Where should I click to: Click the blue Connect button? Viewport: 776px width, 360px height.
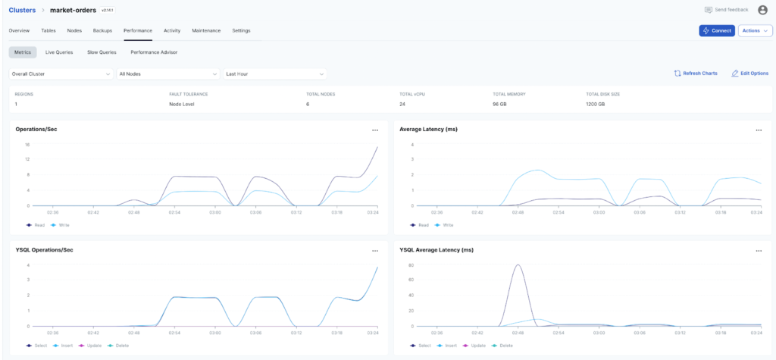716,30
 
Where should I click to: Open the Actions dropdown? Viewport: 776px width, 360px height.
755,30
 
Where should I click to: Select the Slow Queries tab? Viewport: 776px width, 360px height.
102,52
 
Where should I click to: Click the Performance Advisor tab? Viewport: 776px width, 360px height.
154,52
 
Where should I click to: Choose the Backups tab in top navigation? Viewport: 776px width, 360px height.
102,30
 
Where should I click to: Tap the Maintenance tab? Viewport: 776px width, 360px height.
206,30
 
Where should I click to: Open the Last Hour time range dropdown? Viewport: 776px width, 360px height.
275,74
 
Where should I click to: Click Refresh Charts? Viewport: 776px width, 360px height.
696,74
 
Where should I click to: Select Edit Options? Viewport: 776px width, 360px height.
749,74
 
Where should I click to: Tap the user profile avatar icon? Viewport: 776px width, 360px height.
762,10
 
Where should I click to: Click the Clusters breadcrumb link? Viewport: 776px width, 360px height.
22,10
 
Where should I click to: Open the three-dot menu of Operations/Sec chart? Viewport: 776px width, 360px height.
375,130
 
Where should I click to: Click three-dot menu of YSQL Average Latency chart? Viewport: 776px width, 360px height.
759,251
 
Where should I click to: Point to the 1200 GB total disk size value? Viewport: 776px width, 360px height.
596,104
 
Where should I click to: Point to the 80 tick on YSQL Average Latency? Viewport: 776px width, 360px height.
410,265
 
